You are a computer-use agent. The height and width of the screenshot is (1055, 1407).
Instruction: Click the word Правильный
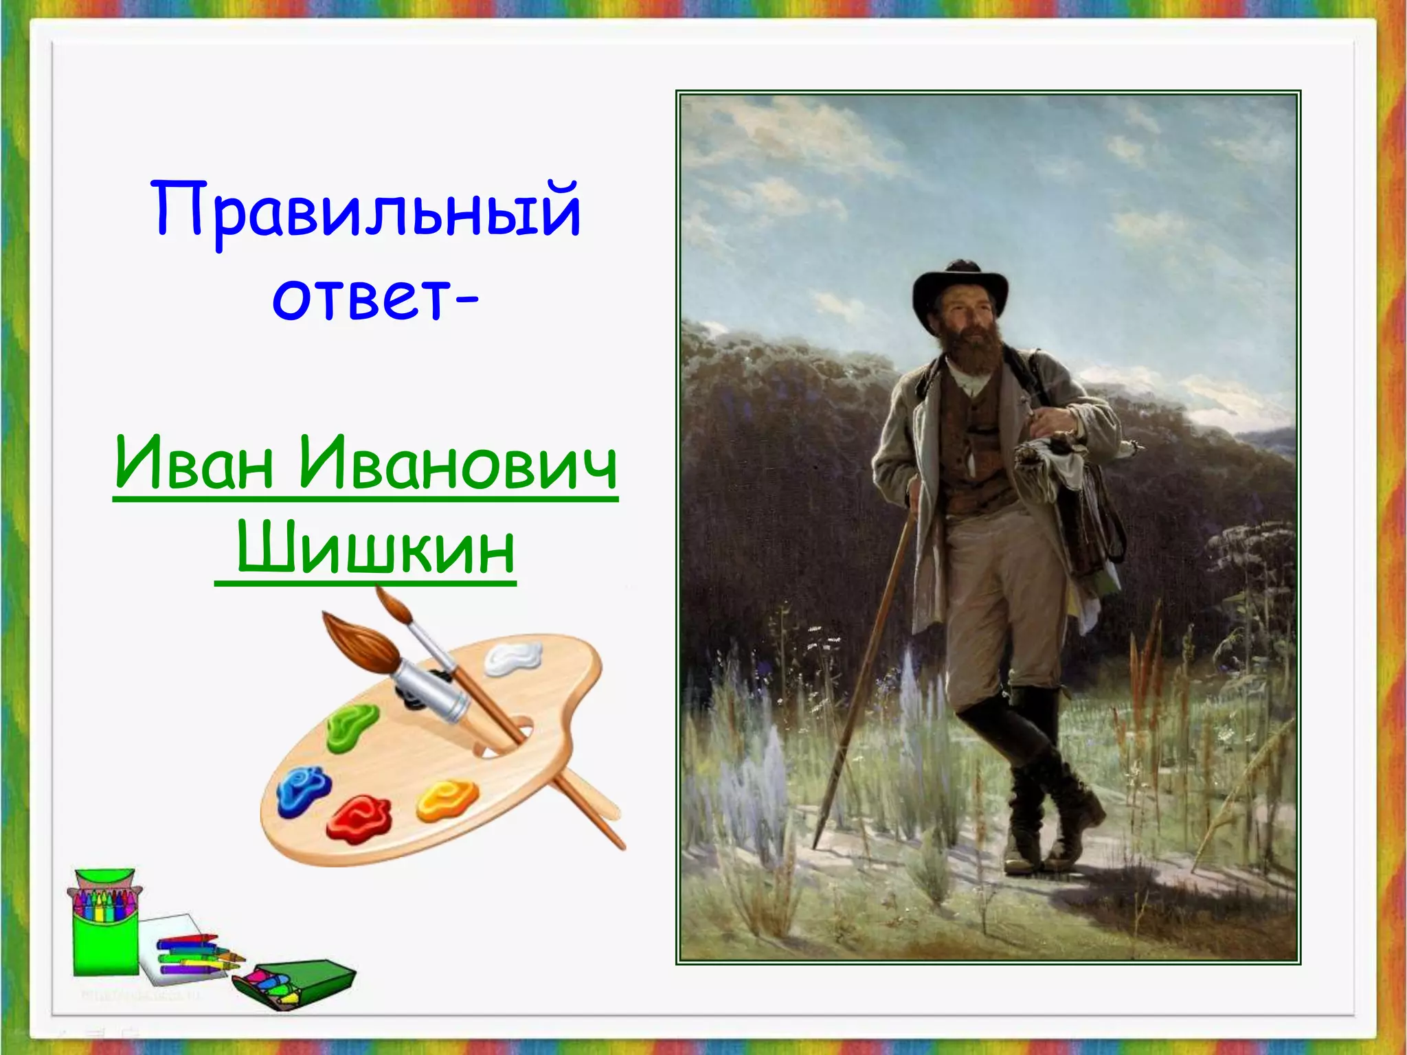point(365,209)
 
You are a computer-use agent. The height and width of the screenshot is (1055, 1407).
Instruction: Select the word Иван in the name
point(194,464)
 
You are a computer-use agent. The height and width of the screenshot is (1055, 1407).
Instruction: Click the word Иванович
point(458,464)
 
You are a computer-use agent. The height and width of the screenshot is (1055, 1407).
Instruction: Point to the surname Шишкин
point(376,549)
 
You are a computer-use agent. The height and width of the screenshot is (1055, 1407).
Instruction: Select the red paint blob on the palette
point(359,818)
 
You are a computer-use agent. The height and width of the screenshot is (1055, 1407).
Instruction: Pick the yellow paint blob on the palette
point(447,799)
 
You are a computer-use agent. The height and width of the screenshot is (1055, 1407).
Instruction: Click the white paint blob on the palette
point(513,657)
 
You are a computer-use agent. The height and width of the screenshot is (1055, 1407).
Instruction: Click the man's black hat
point(960,288)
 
